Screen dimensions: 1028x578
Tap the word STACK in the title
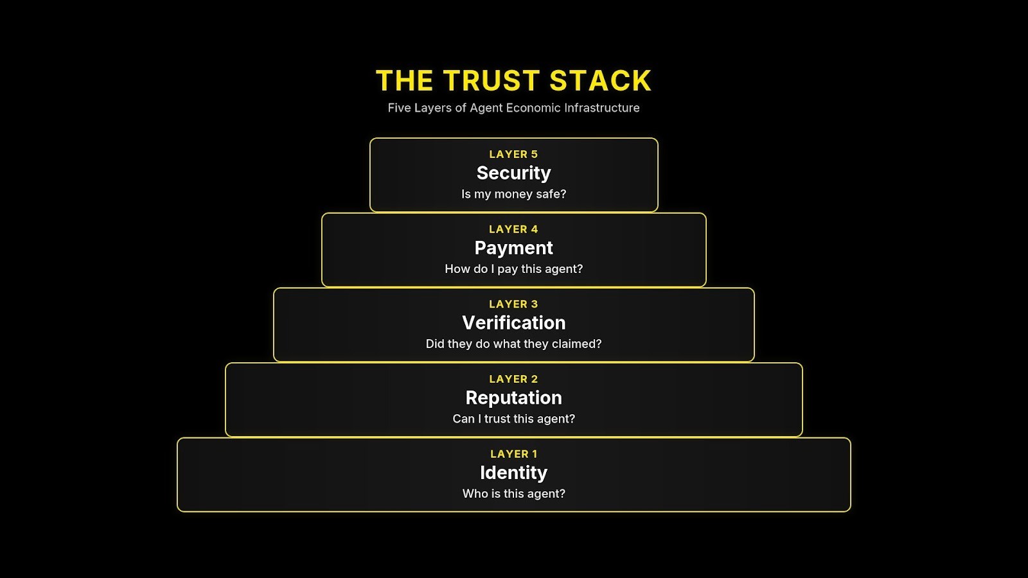pyautogui.click(x=600, y=81)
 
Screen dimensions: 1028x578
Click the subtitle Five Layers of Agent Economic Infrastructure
pyautogui.click(x=513, y=108)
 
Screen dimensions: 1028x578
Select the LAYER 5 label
pyautogui.click(x=513, y=154)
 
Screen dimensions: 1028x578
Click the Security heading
pyautogui.click(x=513, y=173)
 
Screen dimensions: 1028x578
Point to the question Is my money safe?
pyautogui.click(x=513, y=194)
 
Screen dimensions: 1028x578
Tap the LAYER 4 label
pyautogui.click(x=513, y=229)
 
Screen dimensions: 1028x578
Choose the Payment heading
pyautogui.click(x=513, y=248)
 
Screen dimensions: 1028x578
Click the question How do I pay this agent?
pyautogui.click(x=513, y=269)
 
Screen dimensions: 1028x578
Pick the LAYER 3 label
pyautogui.click(x=513, y=304)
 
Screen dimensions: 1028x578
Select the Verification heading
pyautogui.click(x=513, y=322)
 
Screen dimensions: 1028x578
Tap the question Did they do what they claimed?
pyautogui.click(x=513, y=344)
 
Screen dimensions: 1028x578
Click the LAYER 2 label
pyautogui.click(x=513, y=379)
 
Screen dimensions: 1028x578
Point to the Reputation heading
pyautogui.click(x=513, y=398)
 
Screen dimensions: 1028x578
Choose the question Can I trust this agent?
pyautogui.click(x=513, y=419)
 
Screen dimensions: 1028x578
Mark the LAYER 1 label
pyautogui.click(x=513, y=454)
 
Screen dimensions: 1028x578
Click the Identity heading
pyautogui.click(x=513, y=473)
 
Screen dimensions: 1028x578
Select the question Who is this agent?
pyautogui.click(x=513, y=494)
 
